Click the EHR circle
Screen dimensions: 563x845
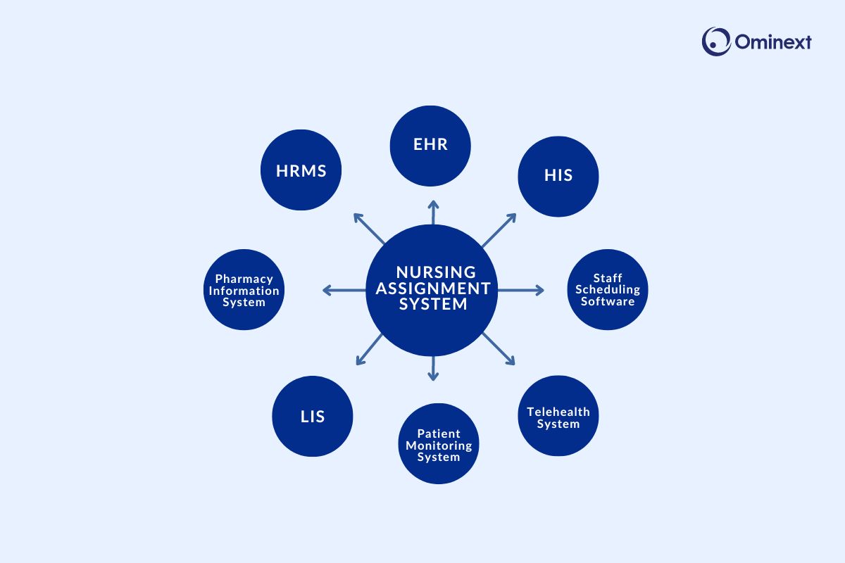(430, 146)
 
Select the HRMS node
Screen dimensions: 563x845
(301, 170)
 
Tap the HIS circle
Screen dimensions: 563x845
(558, 176)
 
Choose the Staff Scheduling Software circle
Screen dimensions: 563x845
(608, 289)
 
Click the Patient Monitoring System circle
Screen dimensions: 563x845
(439, 444)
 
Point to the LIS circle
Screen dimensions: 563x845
(312, 416)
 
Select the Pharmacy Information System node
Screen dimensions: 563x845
(244, 290)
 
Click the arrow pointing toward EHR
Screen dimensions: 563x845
(433, 213)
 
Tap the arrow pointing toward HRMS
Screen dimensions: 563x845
(368, 228)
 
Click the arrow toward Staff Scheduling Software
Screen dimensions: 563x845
(521, 289)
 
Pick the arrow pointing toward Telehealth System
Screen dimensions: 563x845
(499, 349)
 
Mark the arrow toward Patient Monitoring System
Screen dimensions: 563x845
(433, 367)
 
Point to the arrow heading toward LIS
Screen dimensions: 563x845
(369, 350)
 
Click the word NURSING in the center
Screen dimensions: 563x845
(436, 272)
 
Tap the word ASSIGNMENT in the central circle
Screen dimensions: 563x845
(432, 288)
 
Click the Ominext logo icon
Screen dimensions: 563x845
(715, 42)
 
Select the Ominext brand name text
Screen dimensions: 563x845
(773, 42)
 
